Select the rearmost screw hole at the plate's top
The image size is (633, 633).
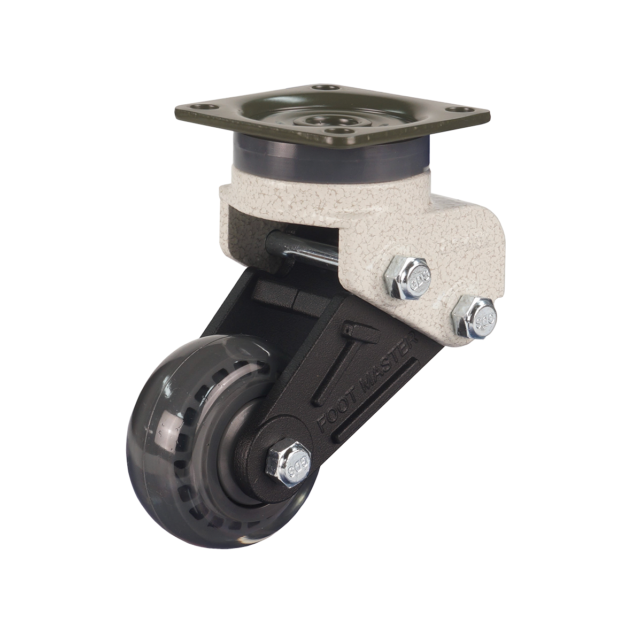click(x=321, y=88)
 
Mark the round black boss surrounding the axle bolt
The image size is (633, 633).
click(x=267, y=444)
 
